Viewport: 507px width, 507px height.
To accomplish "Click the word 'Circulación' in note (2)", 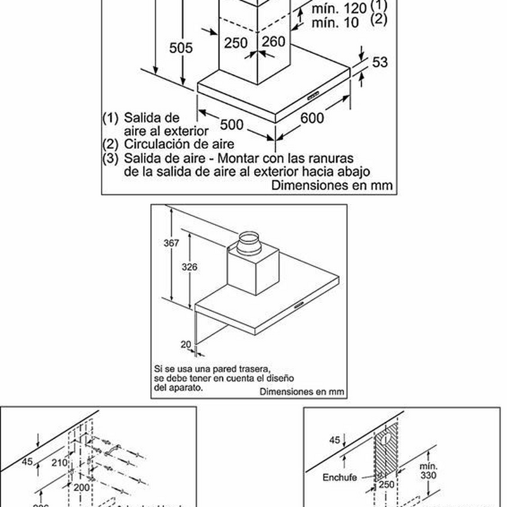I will point(153,144).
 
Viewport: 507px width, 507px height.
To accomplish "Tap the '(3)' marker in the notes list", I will point(110,157).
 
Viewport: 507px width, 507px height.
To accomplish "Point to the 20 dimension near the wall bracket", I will point(184,343).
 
